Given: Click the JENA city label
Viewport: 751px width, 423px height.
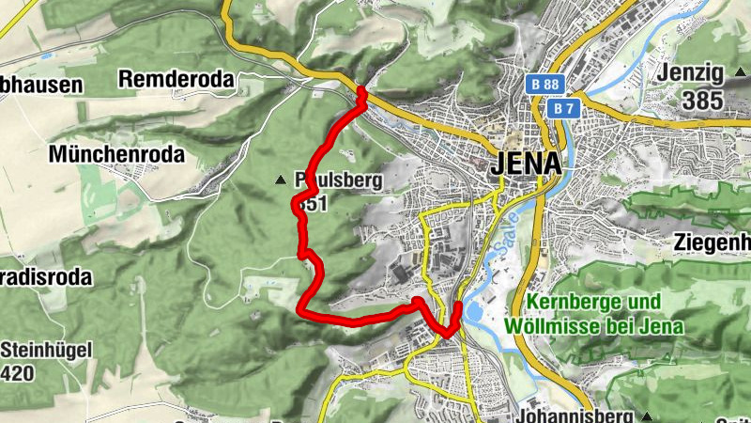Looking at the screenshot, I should click(x=526, y=163).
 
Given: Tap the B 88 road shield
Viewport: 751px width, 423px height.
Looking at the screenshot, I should click(x=540, y=85).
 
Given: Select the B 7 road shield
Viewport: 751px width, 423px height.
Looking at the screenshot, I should click(x=561, y=109).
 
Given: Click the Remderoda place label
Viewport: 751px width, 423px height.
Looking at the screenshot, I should click(x=176, y=81).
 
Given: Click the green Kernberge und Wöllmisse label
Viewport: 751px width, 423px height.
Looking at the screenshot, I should click(x=592, y=314).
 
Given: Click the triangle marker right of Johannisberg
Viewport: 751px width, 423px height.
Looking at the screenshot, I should click(x=647, y=415).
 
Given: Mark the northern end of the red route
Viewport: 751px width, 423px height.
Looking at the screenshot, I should click(x=361, y=91).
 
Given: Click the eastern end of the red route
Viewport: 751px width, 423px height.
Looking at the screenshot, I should click(x=458, y=305).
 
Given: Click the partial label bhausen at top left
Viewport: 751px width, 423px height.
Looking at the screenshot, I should click(x=41, y=85).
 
